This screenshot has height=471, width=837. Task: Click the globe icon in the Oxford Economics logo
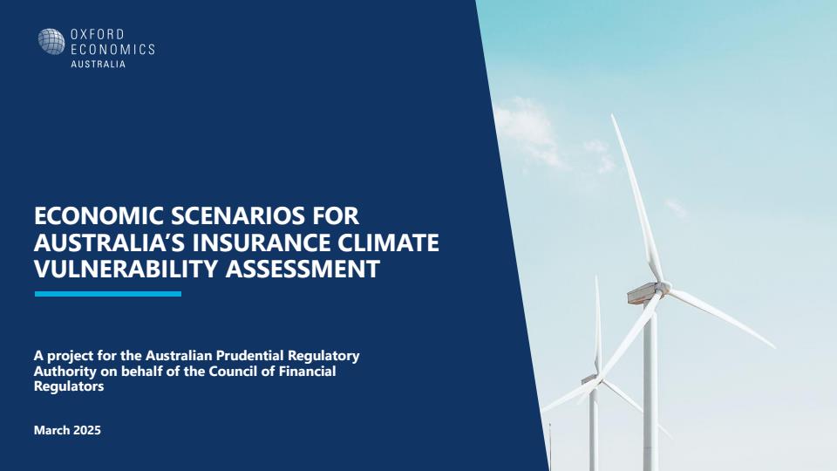(51, 42)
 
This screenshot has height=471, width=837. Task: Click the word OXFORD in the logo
(97, 35)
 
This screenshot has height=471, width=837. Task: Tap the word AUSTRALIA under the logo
(99, 64)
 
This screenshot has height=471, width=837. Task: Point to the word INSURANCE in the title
(262, 242)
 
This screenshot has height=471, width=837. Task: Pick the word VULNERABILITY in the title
(126, 269)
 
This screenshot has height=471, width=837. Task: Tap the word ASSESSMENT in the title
(303, 269)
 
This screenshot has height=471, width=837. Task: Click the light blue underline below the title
(108, 294)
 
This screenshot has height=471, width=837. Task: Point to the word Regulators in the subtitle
(69, 386)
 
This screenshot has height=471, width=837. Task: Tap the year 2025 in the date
(87, 430)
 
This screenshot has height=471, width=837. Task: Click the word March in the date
(51, 430)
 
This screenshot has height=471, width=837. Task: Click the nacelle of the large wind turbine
(643, 293)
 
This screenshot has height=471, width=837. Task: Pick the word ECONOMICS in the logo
(112, 50)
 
